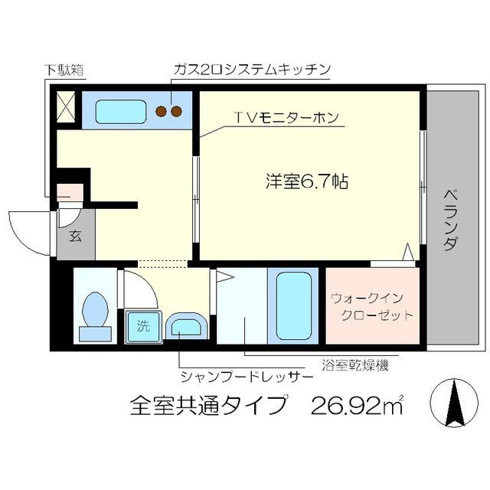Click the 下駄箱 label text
coord(63,71)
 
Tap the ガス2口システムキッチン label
coord(251,70)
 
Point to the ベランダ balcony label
coord(451,221)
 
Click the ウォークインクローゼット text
coord(372,306)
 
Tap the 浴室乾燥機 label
coord(355,366)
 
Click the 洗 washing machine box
coord(143,325)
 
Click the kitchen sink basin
coord(122,112)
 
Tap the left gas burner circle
coord(162,112)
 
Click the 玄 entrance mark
coord(76,236)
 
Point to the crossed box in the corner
coord(65,107)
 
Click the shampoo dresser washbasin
coord(186,328)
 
